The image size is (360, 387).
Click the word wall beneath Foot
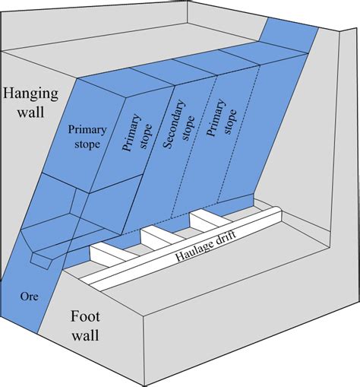click(93, 335)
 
